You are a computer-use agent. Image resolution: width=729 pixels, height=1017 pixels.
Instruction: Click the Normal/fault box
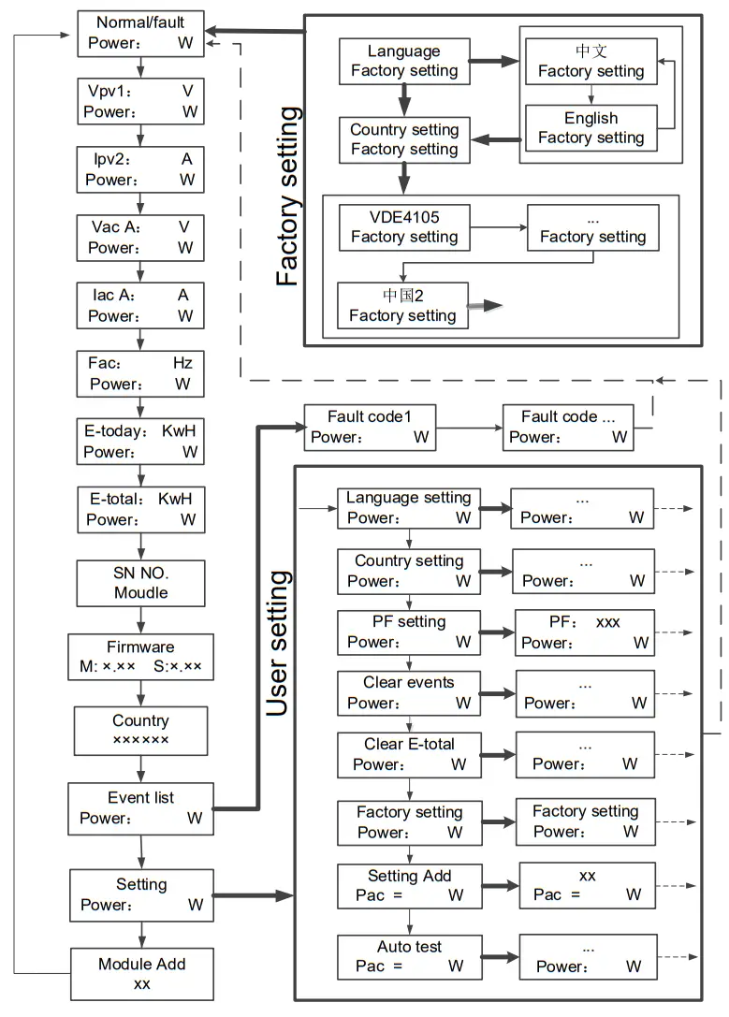click(140, 34)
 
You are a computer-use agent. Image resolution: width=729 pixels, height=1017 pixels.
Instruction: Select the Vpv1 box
click(140, 101)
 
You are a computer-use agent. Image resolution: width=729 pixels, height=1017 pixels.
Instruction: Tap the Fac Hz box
click(140, 373)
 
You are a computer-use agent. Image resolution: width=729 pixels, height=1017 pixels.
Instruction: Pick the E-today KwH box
click(140, 442)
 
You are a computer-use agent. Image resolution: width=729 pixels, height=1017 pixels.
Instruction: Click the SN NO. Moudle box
click(140, 583)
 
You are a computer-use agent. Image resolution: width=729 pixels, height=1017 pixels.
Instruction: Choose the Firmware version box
click(140, 657)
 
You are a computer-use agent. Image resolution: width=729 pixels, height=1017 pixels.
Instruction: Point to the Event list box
click(140, 808)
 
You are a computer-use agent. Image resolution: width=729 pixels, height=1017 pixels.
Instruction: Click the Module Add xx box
click(142, 974)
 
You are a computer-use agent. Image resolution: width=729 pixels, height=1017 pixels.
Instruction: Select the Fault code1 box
click(370, 428)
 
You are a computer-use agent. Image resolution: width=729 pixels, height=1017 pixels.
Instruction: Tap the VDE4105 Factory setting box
click(404, 227)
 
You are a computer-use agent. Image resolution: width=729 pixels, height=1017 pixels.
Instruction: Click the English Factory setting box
click(590, 128)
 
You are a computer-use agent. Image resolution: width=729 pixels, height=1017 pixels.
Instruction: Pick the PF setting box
click(409, 632)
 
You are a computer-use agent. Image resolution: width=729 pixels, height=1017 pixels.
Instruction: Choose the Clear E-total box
click(409, 755)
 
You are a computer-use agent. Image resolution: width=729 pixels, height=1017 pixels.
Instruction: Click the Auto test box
click(409, 957)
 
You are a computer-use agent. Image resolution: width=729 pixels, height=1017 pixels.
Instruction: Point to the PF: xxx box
click(584, 632)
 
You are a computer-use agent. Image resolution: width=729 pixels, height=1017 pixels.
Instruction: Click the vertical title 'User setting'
click(278, 644)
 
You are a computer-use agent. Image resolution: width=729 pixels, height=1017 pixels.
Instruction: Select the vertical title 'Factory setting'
click(288, 196)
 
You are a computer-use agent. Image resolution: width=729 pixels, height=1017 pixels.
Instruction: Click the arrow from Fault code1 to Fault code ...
click(470, 428)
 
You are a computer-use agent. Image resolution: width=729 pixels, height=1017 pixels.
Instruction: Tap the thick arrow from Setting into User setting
click(254, 895)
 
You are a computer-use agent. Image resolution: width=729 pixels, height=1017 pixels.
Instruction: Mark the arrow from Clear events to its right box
click(498, 693)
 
